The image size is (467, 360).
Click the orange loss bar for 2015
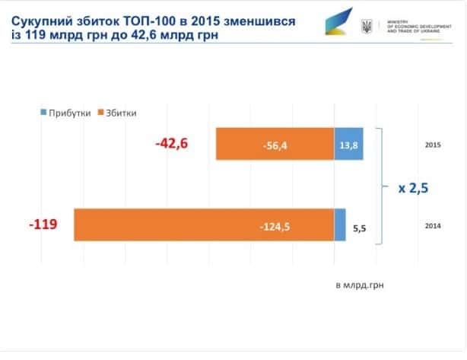pos(275,144)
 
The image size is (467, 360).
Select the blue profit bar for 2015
pos(348,144)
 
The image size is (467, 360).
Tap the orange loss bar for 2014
pos(204,225)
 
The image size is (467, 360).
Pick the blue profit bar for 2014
pos(340,225)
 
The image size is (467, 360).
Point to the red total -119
pos(43,225)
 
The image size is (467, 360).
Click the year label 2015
pos(434,144)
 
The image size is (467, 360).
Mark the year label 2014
pos(434,225)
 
